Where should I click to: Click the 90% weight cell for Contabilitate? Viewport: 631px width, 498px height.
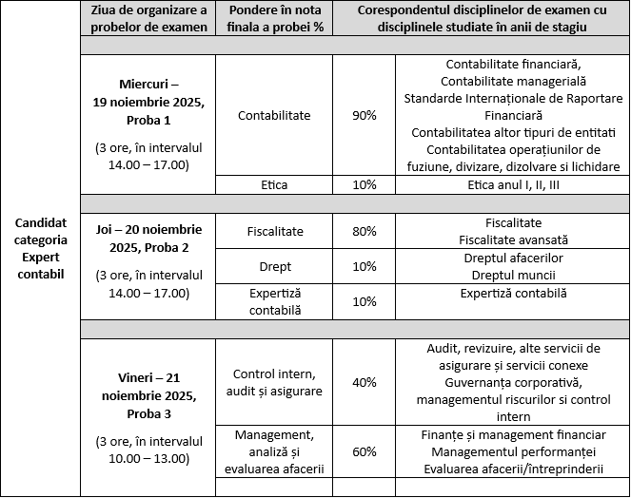(364, 115)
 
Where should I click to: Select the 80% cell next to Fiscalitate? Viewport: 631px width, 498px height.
(364, 230)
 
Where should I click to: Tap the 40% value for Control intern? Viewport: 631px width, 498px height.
(364, 382)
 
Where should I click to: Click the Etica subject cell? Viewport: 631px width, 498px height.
(274, 184)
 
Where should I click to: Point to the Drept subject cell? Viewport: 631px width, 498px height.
(274, 266)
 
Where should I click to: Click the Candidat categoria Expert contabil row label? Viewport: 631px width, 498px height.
(40, 248)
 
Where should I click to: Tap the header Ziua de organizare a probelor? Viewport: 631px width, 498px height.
(149, 18)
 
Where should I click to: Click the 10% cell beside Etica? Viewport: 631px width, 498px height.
(364, 184)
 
